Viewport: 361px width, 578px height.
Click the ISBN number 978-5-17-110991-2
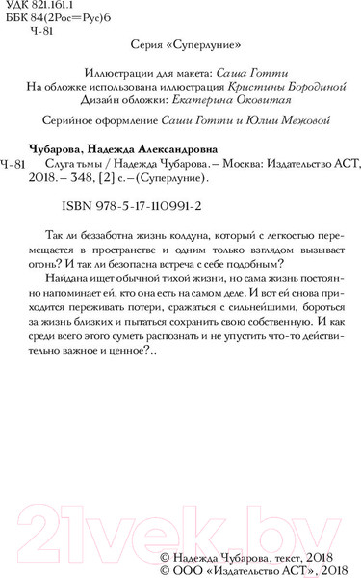(x=166, y=206)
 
